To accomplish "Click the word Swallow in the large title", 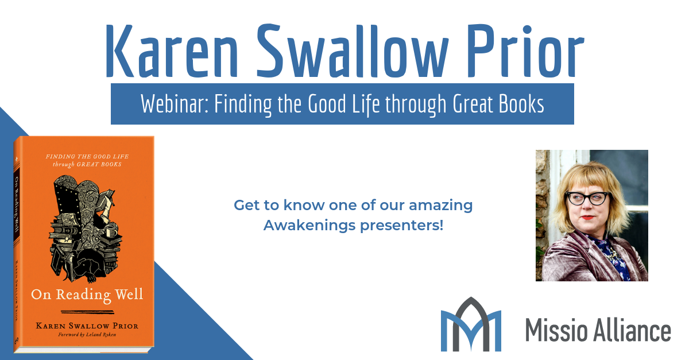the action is [352, 51].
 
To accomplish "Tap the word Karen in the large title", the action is [172, 51].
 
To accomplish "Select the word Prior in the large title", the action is [526, 51].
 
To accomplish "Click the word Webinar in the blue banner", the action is [175, 104].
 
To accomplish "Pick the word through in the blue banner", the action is [416, 104].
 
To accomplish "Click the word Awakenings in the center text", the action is [309, 226].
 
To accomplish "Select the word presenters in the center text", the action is [402, 226].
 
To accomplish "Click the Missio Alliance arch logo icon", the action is [471, 324].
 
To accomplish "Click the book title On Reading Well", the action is [87, 295].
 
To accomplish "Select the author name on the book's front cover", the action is [87, 326].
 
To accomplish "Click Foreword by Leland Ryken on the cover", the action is [87, 335].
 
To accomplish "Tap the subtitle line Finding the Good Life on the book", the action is [87, 157].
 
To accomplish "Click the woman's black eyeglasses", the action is [587, 199].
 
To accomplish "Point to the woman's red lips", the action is [587, 218].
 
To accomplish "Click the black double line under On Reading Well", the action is [87, 312].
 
